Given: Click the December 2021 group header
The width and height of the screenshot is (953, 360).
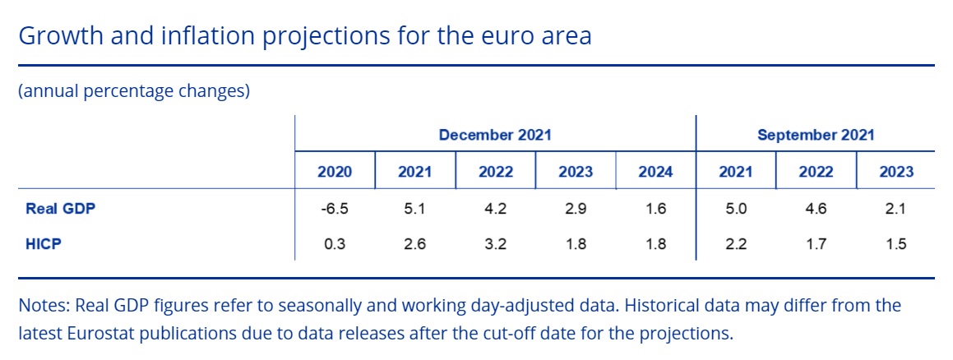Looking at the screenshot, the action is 495,135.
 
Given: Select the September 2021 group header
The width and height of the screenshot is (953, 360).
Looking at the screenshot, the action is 816,135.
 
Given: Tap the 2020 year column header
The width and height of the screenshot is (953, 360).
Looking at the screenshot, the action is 335,172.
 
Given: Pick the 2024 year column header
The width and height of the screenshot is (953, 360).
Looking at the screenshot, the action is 656,172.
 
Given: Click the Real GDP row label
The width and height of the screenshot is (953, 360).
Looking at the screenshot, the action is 61,209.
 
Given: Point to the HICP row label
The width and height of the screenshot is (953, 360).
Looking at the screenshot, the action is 44,244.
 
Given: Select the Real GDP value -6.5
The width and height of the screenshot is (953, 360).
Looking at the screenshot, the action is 335,209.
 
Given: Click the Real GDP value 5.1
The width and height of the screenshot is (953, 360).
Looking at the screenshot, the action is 415,209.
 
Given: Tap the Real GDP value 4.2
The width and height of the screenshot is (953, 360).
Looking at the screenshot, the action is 495,209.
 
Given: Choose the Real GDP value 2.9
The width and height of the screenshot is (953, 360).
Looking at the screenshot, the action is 576,209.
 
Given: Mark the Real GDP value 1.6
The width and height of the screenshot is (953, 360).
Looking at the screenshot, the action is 656,209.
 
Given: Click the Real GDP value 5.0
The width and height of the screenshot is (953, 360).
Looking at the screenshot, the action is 735,209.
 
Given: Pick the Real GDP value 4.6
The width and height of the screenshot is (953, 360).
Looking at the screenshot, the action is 816,209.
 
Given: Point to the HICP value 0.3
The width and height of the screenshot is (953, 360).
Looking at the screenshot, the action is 335,244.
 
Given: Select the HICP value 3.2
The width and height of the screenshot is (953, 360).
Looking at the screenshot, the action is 495,244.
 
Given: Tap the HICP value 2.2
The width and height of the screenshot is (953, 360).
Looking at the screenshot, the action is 735,244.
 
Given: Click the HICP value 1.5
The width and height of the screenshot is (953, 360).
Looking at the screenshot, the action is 896,244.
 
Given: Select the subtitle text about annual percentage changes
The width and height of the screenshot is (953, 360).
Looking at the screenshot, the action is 134,92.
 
